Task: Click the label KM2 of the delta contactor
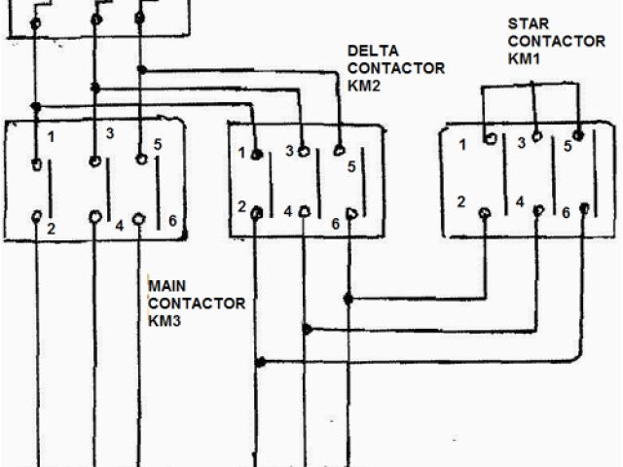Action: (364, 86)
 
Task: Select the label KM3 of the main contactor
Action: (163, 321)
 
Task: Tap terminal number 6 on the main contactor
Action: (171, 221)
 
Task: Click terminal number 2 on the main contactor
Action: (52, 231)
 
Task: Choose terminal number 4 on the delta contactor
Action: (288, 211)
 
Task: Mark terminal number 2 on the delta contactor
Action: (240, 206)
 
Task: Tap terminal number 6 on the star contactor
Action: (565, 213)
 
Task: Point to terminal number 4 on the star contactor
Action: (520, 202)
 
